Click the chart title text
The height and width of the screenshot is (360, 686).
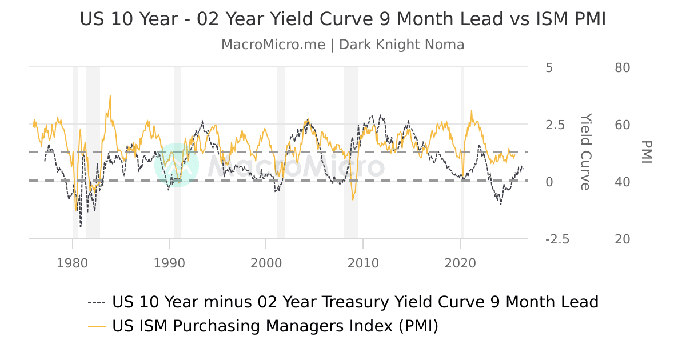coord(342,19)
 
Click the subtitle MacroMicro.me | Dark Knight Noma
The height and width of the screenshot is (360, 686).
coord(342,45)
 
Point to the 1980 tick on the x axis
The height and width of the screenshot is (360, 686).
coord(73,263)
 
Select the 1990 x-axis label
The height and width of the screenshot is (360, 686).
coord(169,263)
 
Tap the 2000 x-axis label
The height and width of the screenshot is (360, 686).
coord(266,263)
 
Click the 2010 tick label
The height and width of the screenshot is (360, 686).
coord(363,263)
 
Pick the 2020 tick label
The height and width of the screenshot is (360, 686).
coord(460,263)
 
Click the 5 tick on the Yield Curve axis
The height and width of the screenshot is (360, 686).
coord(549,67)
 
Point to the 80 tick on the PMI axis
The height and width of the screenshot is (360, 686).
coord(622,67)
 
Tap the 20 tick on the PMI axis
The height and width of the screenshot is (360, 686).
coord(622,239)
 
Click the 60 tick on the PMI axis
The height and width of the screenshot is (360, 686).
coord(622,125)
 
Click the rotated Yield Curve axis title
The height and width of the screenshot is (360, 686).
coord(585,151)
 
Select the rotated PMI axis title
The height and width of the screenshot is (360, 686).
coord(646,151)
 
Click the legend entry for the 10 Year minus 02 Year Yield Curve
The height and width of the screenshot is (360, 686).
coord(354,302)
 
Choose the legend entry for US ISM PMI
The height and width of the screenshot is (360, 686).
coord(274,326)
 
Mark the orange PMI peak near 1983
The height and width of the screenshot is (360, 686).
coord(110,96)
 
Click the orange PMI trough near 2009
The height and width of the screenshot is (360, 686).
coord(353,199)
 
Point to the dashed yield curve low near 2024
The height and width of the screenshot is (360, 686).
coord(501,204)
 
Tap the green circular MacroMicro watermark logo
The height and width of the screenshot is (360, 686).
coord(177,165)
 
